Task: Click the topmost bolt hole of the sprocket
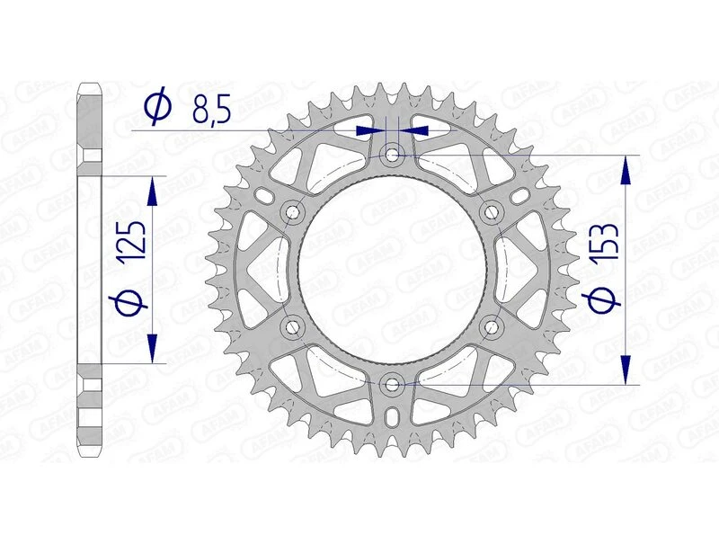pyautogui.click(x=393, y=155)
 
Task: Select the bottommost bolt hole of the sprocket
pyautogui.click(x=393, y=385)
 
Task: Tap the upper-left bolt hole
pyautogui.click(x=292, y=212)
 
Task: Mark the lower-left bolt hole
pyautogui.click(x=292, y=326)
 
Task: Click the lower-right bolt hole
pyautogui.click(x=492, y=326)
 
